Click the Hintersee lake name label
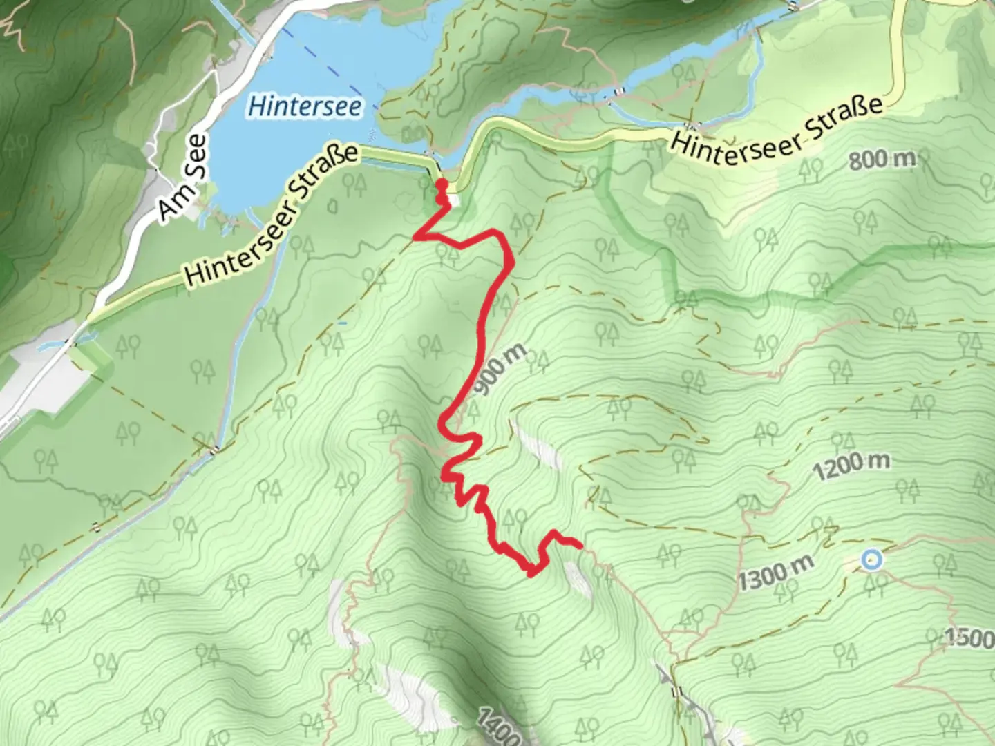pos(304,107)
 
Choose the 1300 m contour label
pos(775,573)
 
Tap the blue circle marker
pos(872,559)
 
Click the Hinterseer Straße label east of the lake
pos(777,131)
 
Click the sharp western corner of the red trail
pos(415,238)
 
